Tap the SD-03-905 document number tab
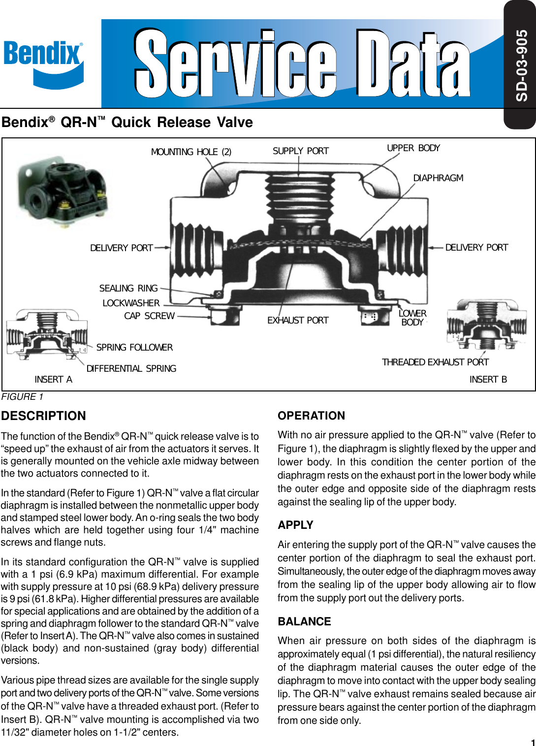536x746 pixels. tap(521, 65)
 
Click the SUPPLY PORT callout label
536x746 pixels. tap(301, 151)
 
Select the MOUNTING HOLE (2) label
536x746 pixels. tap(191, 152)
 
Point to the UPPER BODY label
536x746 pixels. tap(413, 148)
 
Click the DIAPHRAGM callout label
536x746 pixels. tap(438, 178)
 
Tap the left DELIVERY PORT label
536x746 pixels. tap(122, 248)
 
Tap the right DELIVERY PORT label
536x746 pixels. tap(476, 248)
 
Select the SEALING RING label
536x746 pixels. tap(128, 289)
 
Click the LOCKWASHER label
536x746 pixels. tap(131, 303)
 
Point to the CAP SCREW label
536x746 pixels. tap(149, 316)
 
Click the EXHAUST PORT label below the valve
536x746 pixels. tap(298, 321)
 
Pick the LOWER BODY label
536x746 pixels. tap(412, 318)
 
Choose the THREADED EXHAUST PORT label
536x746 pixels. tap(435, 362)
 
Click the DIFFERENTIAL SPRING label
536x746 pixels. tap(131, 369)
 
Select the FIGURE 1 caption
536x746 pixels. tap(23, 397)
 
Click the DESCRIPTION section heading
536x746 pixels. tap(43, 416)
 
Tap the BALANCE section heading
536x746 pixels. tap(304, 622)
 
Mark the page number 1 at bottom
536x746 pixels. tap(533, 743)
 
